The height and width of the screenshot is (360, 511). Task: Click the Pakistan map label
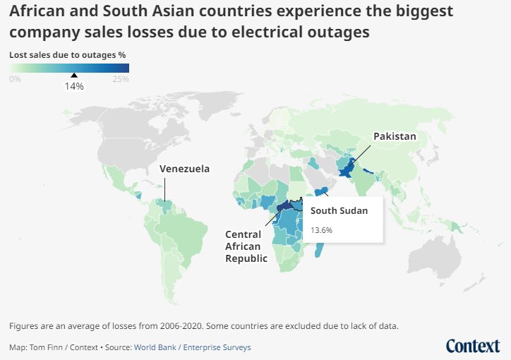click(x=395, y=136)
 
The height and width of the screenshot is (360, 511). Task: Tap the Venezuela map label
click(x=184, y=169)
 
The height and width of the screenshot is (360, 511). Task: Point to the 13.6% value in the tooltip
click(x=321, y=230)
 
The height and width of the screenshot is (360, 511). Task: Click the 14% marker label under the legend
click(x=74, y=86)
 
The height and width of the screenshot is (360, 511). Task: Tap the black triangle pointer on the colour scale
click(x=74, y=76)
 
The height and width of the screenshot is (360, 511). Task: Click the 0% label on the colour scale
click(x=15, y=79)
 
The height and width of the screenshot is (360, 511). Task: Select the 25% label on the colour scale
click(x=121, y=79)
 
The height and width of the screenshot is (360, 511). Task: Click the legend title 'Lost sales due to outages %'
click(x=68, y=54)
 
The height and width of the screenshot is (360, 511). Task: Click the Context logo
click(x=473, y=345)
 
